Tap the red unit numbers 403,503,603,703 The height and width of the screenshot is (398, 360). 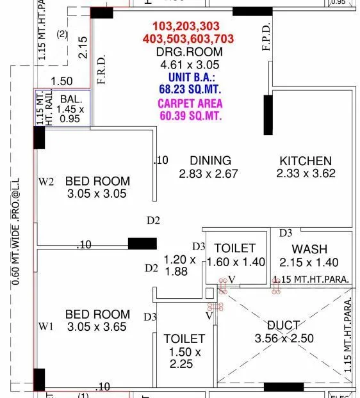click(x=188, y=39)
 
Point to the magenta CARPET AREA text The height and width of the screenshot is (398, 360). click(x=191, y=104)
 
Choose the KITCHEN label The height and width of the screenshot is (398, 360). click(x=306, y=161)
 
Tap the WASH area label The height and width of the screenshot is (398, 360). click(x=309, y=249)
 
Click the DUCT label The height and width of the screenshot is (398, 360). click(x=282, y=326)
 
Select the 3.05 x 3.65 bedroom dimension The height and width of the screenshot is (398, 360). click(x=97, y=327)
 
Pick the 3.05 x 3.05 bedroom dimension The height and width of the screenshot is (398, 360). click(x=97, y=194)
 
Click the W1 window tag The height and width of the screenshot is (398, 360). click(x=46, y=327)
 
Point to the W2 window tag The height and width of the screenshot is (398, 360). click(x=46, y=181)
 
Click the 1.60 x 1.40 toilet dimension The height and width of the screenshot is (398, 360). click(x=235, y=262)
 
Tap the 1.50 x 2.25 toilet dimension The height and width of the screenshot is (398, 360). click(x=184, y=359)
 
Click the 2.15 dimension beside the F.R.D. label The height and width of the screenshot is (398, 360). click(x=81, y=48)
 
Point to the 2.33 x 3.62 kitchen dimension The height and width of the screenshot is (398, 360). click(x=306, y=173)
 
